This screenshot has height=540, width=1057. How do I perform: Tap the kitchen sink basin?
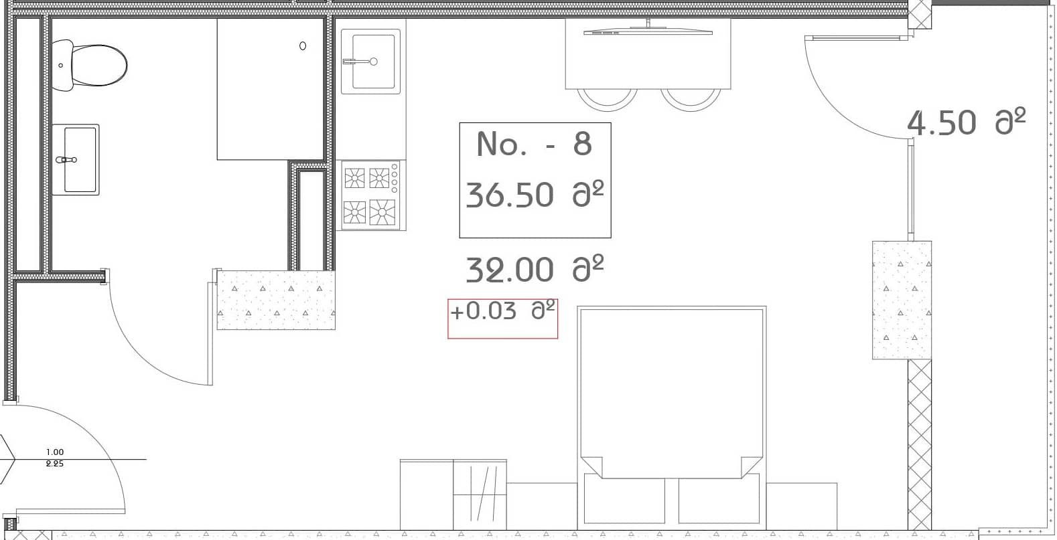370,62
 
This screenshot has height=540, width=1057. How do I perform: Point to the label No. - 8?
535,144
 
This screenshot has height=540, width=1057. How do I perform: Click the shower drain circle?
303,46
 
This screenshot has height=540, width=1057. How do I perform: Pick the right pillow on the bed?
719,499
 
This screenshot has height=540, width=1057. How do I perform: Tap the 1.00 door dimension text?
55,452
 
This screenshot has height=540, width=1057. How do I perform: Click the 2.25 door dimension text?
55,464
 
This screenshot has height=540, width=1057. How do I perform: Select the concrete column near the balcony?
902,300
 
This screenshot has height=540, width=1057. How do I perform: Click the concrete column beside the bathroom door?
276,300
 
